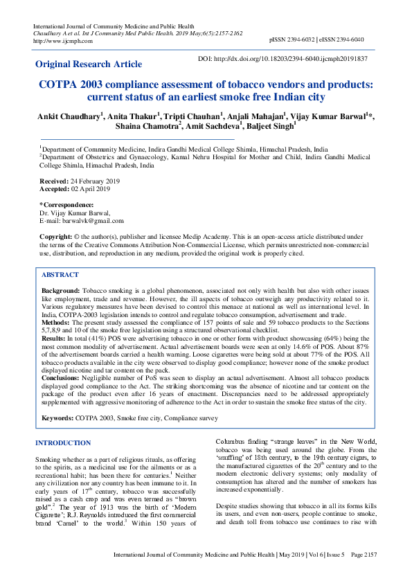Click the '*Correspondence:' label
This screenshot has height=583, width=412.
pyautogui.click(x=66, y=204)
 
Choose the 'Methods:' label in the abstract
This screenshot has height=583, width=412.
pyautogui.click(x=57, y=322)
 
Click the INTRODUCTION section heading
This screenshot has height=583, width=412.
pyautogui.click(x=63, y=442)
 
